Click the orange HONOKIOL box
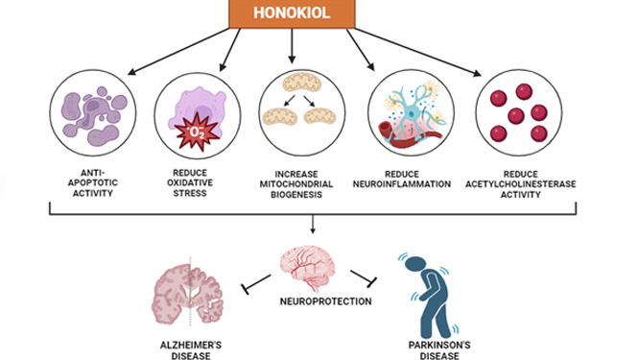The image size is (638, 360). point(293,13)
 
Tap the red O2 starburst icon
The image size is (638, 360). point(197,132)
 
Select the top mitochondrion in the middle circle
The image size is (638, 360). point(302,83)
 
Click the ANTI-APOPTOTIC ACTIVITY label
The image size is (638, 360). point(93,182)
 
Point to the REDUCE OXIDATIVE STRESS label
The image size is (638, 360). point(190,182)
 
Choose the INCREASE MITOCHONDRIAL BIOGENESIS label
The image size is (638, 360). point(296,184)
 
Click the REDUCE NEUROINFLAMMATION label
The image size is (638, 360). point(402,180)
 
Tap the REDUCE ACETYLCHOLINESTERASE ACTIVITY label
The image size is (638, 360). point(521,184)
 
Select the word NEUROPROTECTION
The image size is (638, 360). point(325,301)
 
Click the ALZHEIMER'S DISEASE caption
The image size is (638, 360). point(191,350)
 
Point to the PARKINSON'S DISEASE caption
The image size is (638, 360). point(439,350)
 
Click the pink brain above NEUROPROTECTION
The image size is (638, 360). point(308,268)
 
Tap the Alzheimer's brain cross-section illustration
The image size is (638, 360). point(188,294)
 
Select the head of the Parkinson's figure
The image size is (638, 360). point(415,264)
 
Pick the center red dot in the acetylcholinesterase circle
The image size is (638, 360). point(516,116)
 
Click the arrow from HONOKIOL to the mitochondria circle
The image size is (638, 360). point(292,46)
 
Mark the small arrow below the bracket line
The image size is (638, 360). point(313,224)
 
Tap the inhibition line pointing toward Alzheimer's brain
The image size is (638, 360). point(256,284)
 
